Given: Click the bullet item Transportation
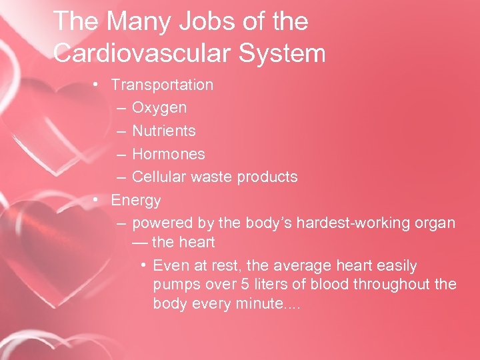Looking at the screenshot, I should click(x=162, y=85).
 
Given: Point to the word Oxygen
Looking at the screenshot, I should click(x=159, y=107).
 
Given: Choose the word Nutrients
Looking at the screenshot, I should click(x=163, y=131).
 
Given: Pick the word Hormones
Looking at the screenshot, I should click(x=168, y=153).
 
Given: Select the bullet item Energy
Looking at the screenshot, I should click(x=136, y=199).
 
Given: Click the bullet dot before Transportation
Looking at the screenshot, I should click(x=97, y=85).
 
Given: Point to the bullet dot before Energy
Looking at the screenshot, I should click(x=97, y=199).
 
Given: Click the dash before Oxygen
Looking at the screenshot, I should click(x=120, y=107).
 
